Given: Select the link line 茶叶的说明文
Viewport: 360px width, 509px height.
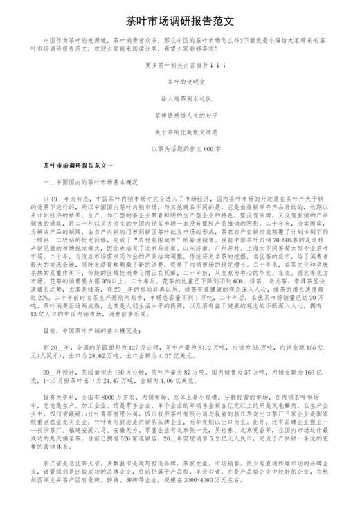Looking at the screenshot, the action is point(180,82).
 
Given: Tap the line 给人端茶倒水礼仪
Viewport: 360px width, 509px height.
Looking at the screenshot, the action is point(180,98).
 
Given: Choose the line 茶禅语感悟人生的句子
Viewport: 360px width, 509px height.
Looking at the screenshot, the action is point(180,115).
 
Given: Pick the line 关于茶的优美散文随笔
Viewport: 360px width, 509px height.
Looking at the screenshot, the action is point(180,132).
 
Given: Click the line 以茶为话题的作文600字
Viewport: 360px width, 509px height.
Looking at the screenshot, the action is point(180,148).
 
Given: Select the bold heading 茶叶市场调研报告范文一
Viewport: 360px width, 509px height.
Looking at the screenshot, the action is point(82,166).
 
